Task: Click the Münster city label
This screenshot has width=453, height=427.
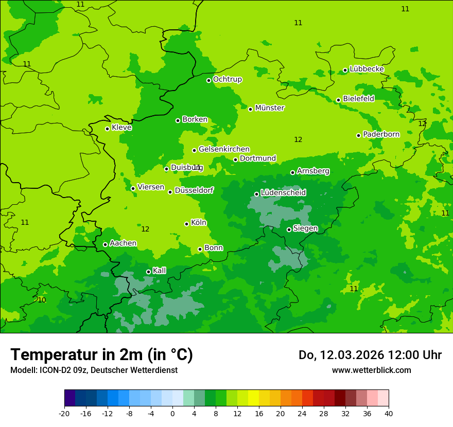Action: [269, 108]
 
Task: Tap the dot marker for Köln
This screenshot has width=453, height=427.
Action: [186, 224]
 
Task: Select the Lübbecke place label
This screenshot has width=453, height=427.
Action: [367, 69]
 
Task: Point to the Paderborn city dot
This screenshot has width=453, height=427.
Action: [358, 135]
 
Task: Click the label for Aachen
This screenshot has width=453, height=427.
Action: [123, 243]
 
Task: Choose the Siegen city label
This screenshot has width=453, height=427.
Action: [305, 228]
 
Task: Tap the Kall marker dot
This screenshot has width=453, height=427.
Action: [148, 272]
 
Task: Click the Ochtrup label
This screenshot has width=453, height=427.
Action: [227, 79]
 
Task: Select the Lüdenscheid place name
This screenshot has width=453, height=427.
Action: [283, 193]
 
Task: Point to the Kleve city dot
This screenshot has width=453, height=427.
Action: [107, 129]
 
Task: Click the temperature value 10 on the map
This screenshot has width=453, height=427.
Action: [42, 300]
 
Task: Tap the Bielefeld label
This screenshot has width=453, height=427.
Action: [358, 99]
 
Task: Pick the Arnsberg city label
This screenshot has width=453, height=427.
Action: [313, 171]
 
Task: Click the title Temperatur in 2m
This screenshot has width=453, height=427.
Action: [101, 354]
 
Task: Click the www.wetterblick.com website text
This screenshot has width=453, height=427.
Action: [371, 370]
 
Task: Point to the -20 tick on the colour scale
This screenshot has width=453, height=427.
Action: [64, 413]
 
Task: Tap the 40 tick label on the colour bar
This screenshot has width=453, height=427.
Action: [388, 413]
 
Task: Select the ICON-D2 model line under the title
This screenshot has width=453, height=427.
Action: [94, 370]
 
